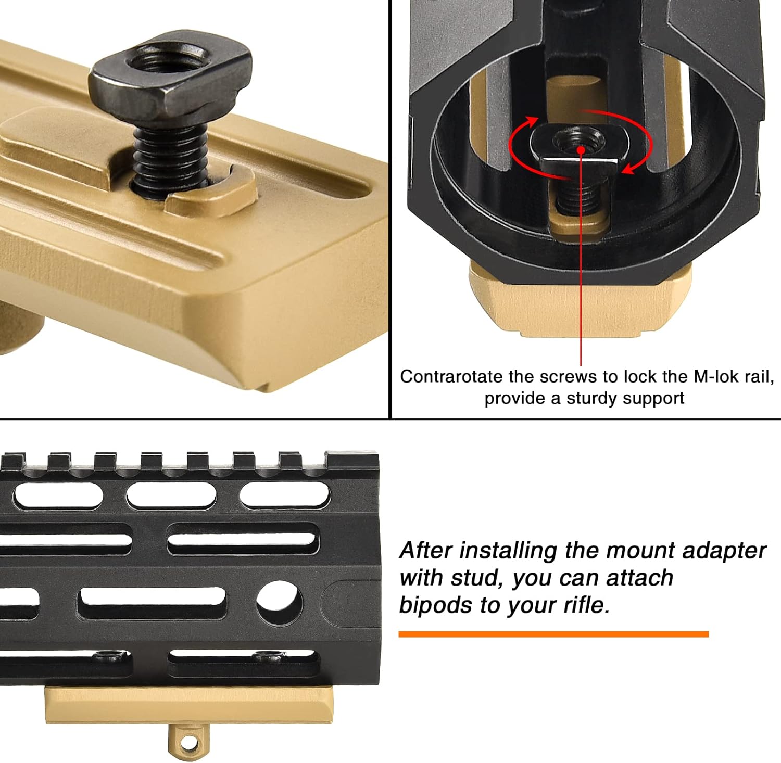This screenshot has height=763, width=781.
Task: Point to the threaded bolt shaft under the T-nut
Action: coord(169,156)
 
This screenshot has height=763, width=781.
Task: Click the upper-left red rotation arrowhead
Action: coord(532,121)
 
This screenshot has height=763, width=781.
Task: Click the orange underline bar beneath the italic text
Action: coord(553,633)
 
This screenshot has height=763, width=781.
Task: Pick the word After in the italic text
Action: coord(425,551)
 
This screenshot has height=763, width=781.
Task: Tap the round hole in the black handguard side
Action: coord(279,602)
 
